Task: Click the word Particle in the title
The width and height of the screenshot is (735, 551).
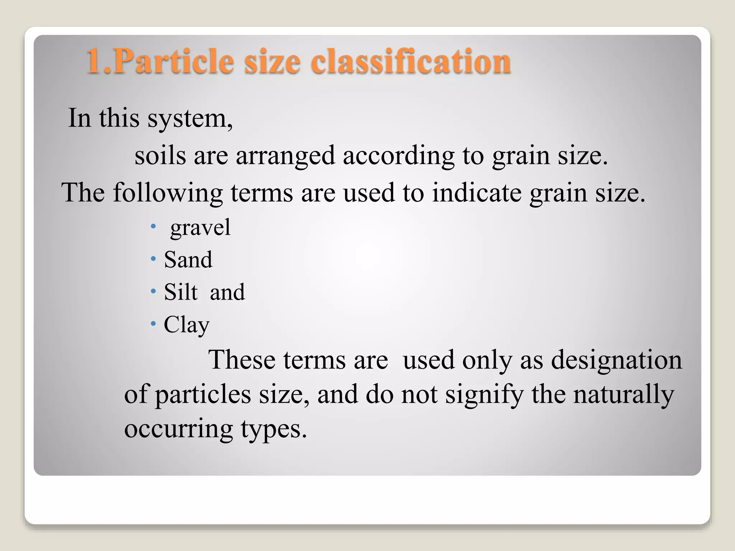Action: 173,62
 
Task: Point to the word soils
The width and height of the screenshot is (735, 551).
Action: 160,156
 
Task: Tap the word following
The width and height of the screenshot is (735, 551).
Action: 168,193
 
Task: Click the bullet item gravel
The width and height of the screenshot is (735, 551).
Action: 200,228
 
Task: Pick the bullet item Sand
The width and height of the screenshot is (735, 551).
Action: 188,260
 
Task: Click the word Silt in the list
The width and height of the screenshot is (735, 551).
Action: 181,292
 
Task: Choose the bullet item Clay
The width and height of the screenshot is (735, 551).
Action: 187,325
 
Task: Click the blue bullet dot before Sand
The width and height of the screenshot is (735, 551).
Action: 154,259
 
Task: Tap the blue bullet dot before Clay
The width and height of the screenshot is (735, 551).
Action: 154,324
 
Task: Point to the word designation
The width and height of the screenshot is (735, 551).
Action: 616,360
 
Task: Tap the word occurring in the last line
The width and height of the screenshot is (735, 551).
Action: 178,428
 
